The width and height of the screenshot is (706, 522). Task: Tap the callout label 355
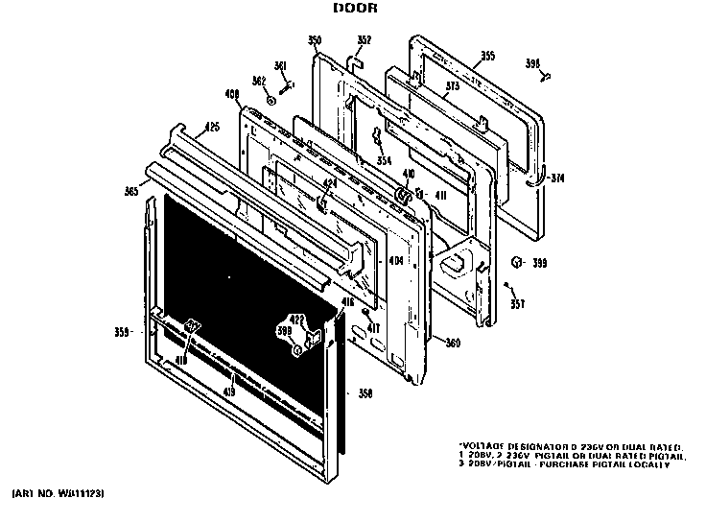point(487,57)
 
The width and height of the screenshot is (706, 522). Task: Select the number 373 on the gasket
point(453,86)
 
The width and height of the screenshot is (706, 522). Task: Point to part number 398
point(532,64)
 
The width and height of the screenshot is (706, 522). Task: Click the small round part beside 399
point(516,261)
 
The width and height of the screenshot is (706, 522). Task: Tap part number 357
point(517,304)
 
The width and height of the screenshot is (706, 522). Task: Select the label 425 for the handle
point(213,126)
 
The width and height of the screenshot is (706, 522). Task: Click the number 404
point(395,261)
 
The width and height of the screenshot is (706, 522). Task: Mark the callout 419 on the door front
point(229,391)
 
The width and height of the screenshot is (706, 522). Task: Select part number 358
point(365,392)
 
